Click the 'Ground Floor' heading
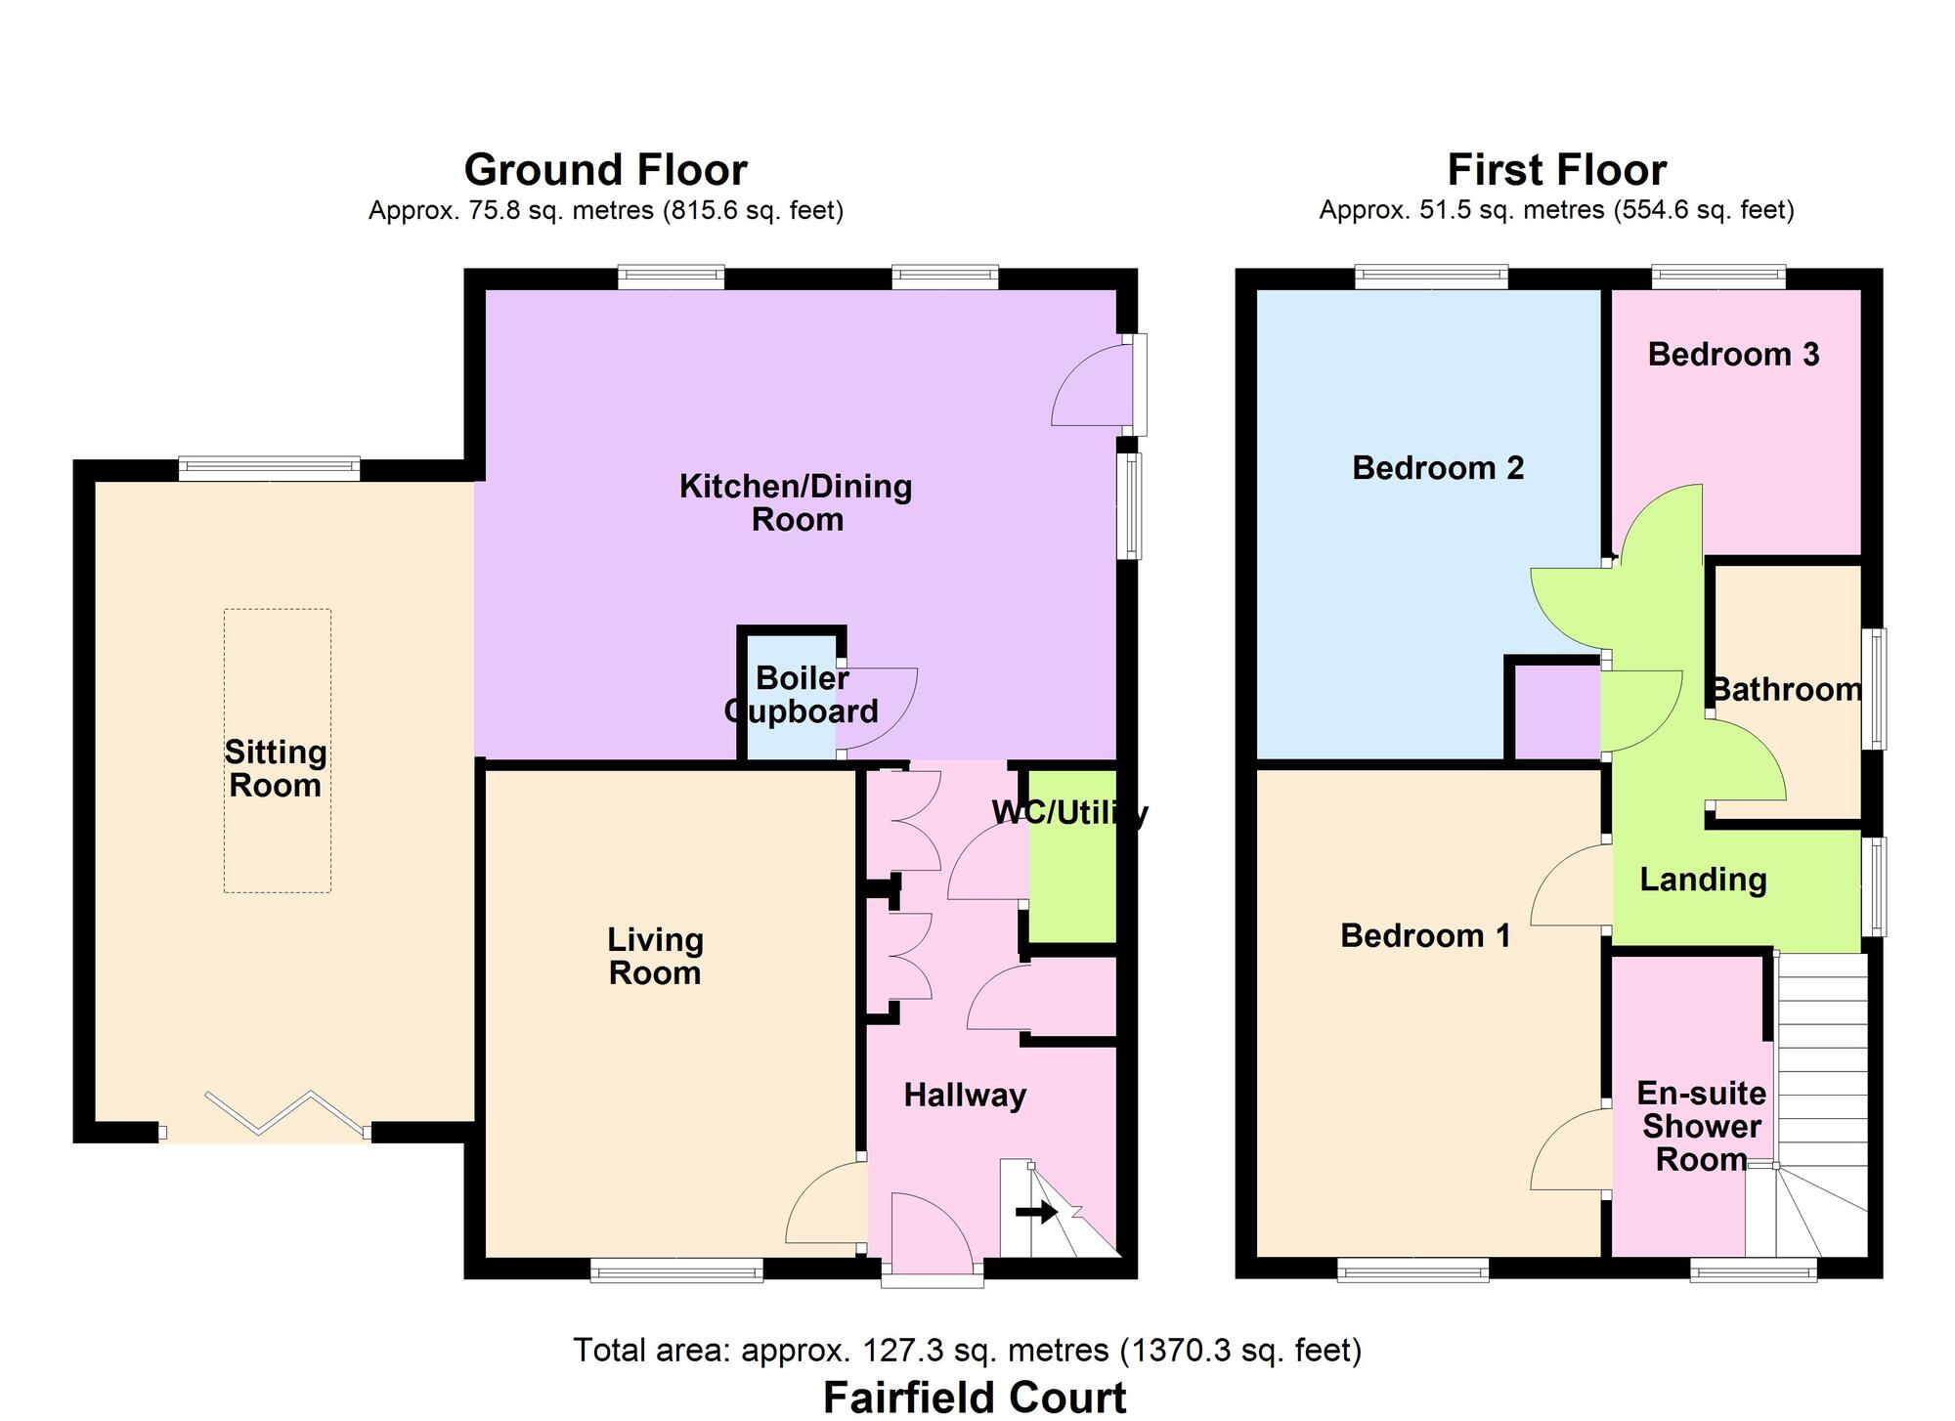coord(605,170)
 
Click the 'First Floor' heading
coord(1556,170)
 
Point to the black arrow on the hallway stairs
coord(1036,1213)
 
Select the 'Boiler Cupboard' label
coord(801,694)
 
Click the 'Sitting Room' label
coord(276,768)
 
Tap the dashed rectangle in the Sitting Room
coord(278,751)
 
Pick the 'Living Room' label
coord(655,956)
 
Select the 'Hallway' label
coord(965,1095)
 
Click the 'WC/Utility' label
coord(1069,813)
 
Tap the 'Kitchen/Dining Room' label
coord(796,502)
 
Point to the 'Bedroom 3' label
coord(1733,354)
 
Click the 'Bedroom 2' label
coord(1438,468)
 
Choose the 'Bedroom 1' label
coord(1425,935)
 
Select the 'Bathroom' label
coord(1786,690)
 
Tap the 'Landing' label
coord(1703,880)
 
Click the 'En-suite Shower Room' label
coord(1702,1126)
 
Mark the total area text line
coord(967,1350)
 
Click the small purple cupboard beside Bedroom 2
coord(1557,711)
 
